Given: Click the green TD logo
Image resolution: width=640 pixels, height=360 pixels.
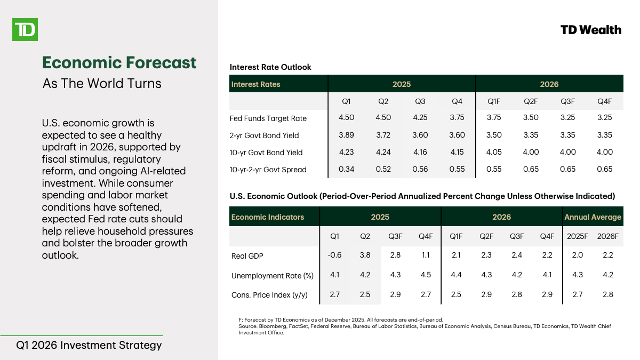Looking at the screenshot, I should tap(25, 29).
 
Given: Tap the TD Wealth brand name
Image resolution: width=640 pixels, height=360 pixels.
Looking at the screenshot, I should tap(591, 30).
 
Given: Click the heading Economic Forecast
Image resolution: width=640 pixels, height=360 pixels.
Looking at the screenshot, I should tap(119, 62).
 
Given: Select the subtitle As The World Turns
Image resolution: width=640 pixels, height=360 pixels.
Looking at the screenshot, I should tap(101, 84).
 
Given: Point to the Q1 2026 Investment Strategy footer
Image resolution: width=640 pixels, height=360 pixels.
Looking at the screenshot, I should tap(89, 345).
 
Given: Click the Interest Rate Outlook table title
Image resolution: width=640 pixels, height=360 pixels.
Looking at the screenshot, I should tap(270, 67).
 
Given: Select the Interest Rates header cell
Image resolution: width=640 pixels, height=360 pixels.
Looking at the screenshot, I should tap(255, 84).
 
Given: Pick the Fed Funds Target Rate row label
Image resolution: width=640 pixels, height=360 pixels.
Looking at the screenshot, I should tap(268, 118).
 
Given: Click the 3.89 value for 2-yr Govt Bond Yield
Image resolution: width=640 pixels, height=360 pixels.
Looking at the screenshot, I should tap(346, 135).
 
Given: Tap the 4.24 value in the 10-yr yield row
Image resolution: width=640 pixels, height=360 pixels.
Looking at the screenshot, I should tap(383, 152).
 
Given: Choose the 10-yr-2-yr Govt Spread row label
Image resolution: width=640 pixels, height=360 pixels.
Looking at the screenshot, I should tap(268, 170).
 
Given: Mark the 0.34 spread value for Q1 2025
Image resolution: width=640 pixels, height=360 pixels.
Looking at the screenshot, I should tap(346, 169).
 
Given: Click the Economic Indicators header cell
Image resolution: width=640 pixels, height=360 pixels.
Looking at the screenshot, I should tap(268, 217).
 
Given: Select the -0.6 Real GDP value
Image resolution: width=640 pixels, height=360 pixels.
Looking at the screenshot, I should tap(335, 255).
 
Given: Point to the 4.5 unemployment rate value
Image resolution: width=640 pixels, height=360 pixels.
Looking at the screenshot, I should tap(426, 275).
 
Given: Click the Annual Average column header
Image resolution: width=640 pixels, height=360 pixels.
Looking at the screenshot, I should tap(593, 217).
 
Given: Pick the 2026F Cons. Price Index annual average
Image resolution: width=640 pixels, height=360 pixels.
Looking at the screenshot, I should tap(607, 294).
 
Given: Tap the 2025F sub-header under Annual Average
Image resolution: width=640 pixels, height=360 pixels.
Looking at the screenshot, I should tap(577, 236).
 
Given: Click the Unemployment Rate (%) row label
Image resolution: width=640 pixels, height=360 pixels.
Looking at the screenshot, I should tap(272, 276).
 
